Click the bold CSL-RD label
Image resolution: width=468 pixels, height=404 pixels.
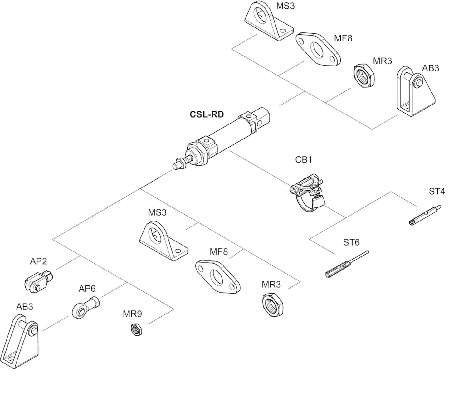point(207,114)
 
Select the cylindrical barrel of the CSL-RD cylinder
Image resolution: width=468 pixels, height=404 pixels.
point(229,134)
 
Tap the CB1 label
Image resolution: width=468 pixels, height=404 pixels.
point(303,160)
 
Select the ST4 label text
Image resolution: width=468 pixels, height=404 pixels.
point(436,192)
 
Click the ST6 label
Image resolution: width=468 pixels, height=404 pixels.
point(351,242)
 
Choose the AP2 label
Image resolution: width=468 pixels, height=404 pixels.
point(38,261)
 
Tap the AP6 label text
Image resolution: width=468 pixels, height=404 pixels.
point(87,289)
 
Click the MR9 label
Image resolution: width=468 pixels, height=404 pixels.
point(132,314)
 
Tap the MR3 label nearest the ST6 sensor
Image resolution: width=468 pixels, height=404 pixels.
point(271,285)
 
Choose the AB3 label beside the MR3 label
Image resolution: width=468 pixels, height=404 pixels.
point(430,68)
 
